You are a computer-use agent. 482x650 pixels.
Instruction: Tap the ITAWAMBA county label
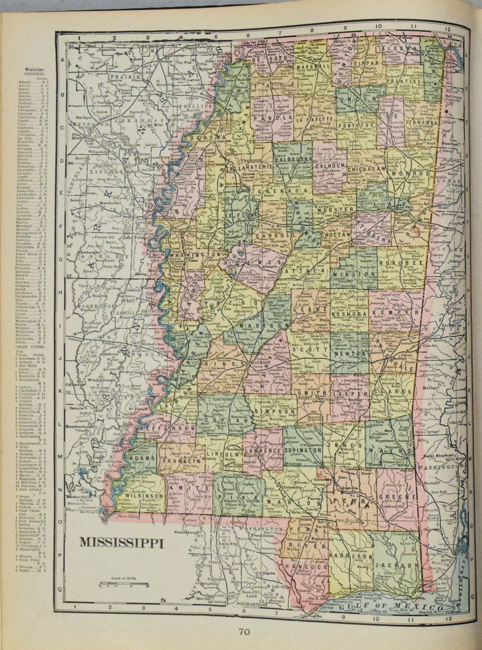point(422,122)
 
